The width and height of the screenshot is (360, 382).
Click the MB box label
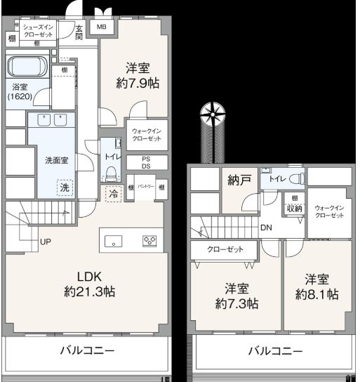(x=102, y=27)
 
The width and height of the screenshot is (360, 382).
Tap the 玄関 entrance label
(x=79, y=32)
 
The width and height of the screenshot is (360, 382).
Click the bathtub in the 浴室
(x=27, y=68)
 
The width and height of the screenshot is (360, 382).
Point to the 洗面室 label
(x=57, y=160)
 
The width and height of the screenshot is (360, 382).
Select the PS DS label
(x=146, y=162)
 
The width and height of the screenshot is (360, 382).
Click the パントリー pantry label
(x=146, y=187)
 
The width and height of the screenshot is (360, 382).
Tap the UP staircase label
(x=46, y=243)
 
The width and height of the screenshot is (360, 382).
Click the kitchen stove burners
(x=149, y=241)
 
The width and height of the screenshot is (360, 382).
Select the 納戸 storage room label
(x=239, y=180)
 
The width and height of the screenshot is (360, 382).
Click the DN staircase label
(x=267, y=228)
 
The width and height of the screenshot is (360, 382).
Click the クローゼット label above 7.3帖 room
(x=225, y=250)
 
